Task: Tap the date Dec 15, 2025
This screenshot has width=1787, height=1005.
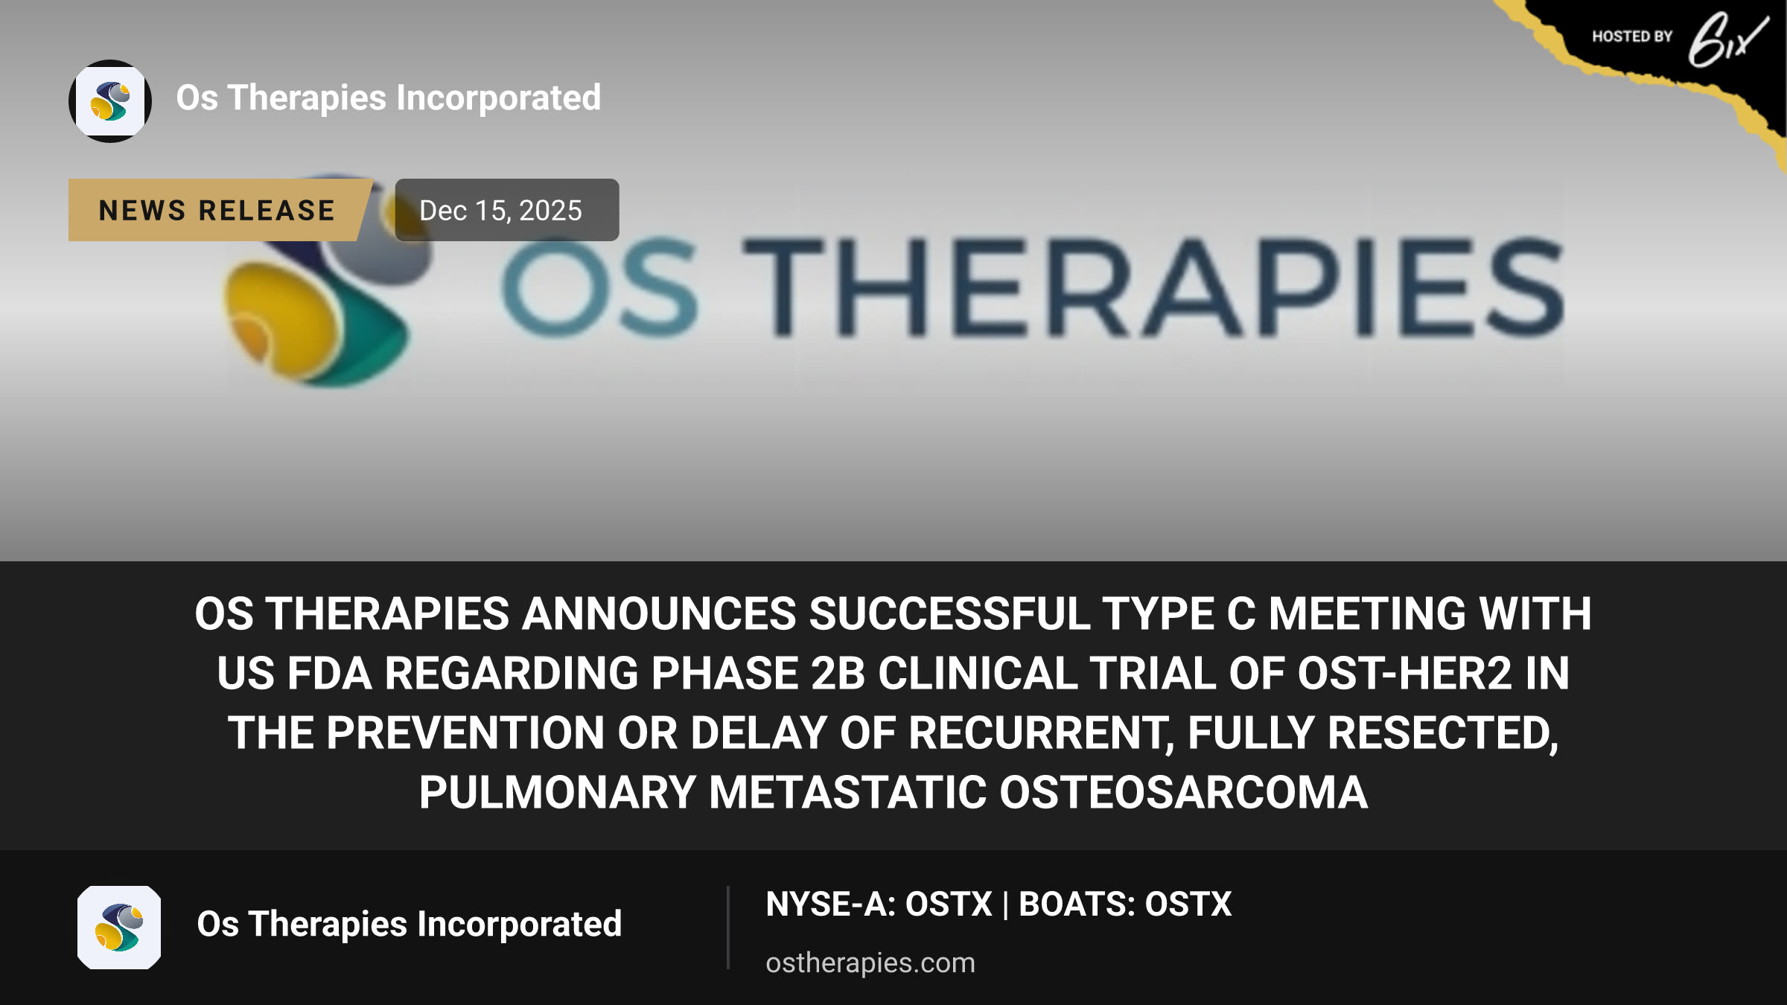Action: (x=500, y=211)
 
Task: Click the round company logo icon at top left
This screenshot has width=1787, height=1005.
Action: (x=110, y=101)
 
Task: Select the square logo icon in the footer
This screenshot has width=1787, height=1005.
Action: (x=119, y=928)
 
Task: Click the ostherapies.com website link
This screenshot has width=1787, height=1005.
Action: (x=870, y=963)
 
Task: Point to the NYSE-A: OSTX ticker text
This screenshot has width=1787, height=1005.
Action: (x=879, y=904)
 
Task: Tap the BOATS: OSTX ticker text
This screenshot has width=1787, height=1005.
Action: (x=1125, y=904)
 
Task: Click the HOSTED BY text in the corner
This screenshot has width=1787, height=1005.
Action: (x=1632, y=36)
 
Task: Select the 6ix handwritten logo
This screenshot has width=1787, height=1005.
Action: (x=1727, y=40)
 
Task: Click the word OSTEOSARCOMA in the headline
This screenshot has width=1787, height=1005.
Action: (x=1183, y=792)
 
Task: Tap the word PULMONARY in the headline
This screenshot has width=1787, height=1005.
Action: (x=557, y=792)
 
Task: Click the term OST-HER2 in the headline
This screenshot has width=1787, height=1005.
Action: (x=1404, y=673)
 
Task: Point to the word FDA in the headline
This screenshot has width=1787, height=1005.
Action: (x=330, y=673)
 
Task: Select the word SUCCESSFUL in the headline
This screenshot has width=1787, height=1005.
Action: (x=949, y=613)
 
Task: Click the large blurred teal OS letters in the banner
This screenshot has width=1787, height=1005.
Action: (x=600, y=287)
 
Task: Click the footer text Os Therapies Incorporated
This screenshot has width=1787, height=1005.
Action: (x=410, y=925)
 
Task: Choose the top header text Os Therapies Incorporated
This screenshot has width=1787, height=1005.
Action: (x=389, y=98)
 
